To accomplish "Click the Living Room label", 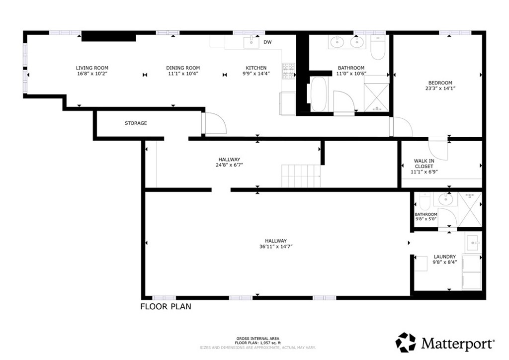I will pos(92,68).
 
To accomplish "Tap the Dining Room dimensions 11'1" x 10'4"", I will pos(183,74).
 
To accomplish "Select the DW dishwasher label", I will pos(267,42).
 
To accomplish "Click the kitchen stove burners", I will pos(288,72).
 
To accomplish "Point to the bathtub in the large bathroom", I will pos(318,94).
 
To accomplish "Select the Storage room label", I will pos(136,123).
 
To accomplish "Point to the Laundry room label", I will pos(444,257).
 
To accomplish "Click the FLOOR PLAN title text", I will pos(166,307).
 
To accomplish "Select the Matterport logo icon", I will pos(406,343).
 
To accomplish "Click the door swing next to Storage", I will pos(215,123).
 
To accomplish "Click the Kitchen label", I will pos(256,68).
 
